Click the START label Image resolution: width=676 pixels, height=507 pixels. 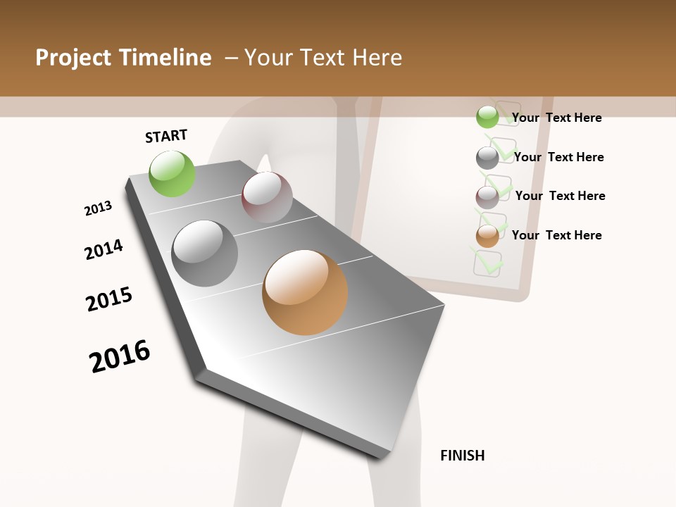pos(166,136)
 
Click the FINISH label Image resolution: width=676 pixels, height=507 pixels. pos(462,456)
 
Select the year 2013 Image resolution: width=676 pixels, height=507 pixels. pos(98,208)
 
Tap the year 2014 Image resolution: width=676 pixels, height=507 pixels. pos(104,249)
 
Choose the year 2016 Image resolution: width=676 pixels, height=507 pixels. pos(120,356)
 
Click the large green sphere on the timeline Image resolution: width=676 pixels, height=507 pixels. pos(173,174)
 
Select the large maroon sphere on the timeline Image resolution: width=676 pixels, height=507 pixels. pos(267,197)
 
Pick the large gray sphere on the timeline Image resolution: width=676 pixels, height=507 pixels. pos(205,254)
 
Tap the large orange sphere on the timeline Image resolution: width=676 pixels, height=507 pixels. pos(305,292)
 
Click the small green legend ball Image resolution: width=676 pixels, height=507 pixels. pos(487,117)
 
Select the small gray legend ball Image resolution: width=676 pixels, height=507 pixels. pos(487,157)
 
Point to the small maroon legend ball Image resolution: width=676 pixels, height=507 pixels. pos(487,196)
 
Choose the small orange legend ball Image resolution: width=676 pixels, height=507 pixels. pos(487,236)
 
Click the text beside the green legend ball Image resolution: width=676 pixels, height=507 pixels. pos(556,118)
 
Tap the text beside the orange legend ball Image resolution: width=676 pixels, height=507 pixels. pos(556,235)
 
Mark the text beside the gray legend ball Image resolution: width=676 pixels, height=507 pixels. pos(558,157)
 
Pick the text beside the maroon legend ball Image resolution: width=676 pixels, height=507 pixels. pos(560,196)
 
